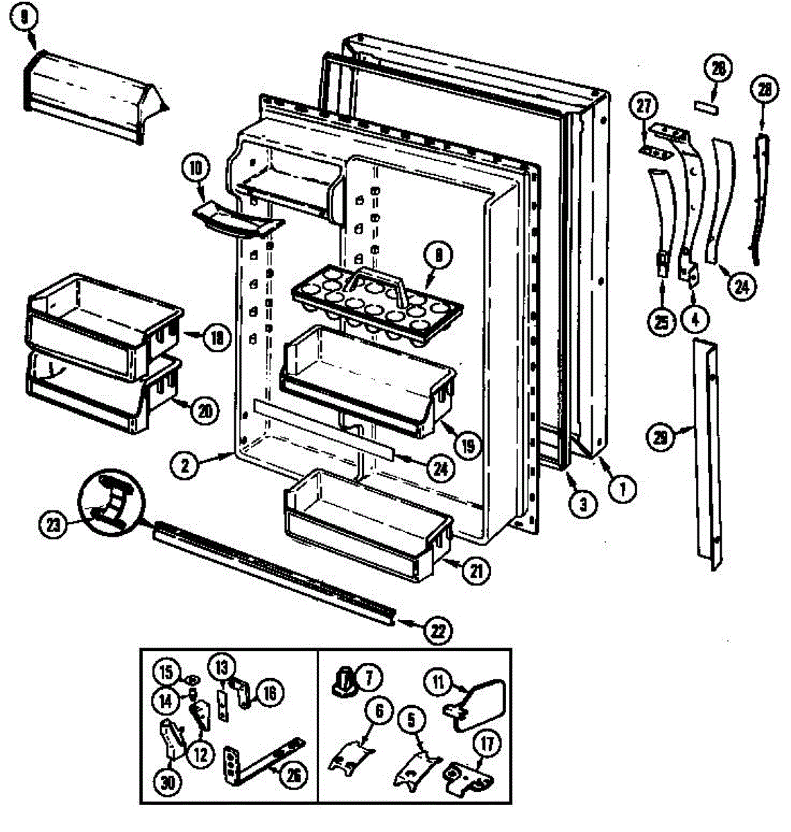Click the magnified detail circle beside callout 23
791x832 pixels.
(113, 501)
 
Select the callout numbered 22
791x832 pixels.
(440, 630)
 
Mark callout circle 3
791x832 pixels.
(583, 503)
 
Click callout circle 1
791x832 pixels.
(622, 489)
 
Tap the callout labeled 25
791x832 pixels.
(660, 320)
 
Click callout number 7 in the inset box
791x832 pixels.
(368, 675)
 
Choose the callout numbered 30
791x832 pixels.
(168, 783)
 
